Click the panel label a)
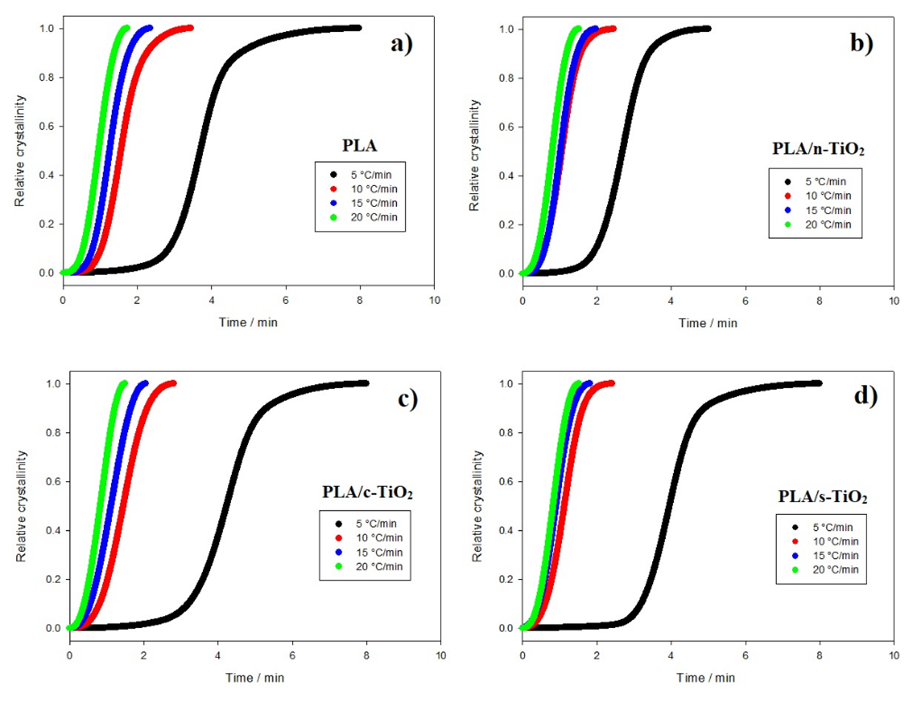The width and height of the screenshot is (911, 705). [401, 44]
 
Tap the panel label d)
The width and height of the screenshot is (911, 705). [865, 396]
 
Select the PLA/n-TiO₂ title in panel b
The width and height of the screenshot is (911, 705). [818, 149]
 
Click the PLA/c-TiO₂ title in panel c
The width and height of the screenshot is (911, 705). [367, 492]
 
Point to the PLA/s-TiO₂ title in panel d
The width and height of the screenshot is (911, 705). [822, 497]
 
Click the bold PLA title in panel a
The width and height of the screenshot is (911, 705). [359, 146]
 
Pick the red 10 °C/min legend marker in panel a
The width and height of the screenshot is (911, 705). [333, 189]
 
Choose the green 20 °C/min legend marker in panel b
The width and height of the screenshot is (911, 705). [788, 225]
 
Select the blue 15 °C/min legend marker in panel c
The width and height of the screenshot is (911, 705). [338, 552]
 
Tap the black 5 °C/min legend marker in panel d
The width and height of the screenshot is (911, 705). [795, 527]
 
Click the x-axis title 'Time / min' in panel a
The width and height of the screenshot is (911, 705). [248, 323]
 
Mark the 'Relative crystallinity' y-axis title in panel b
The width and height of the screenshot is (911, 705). [474, 156]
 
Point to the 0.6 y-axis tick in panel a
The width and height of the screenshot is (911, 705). [47, 127]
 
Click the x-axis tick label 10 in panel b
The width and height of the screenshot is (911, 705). [893, 301]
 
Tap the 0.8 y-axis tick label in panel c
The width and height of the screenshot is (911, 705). [54, 433]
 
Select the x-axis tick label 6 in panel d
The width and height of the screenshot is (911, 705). [745, 656]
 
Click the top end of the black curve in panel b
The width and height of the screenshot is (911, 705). [707, 29]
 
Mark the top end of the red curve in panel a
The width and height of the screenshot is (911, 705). [190, 27]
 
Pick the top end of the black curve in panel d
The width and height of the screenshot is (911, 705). [819, 383]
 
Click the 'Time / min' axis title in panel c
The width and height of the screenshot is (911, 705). [254, 678]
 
